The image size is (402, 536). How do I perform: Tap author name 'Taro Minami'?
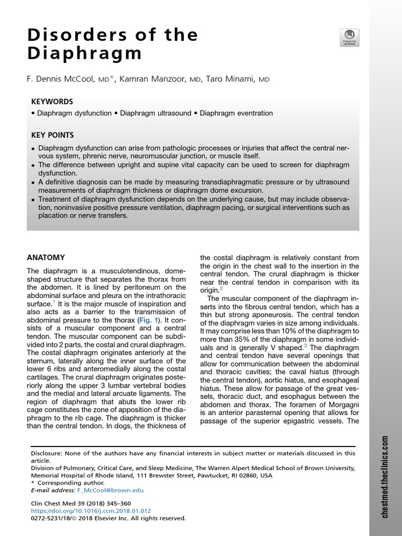click(x=230, y=79)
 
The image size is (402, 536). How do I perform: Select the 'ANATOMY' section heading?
click(x=46, y=258)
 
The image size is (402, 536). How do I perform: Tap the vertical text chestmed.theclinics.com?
click(x=385, y=477)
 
